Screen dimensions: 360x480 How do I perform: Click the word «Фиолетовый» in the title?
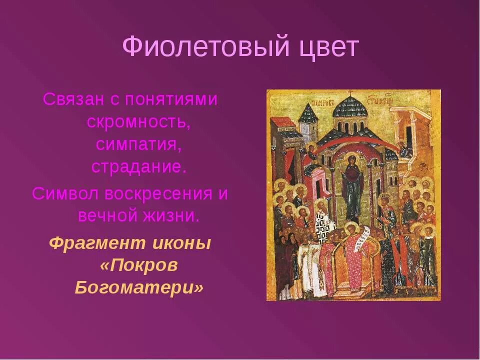point(205,47)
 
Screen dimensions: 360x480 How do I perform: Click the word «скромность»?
point(138,121)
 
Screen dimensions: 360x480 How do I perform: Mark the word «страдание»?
point(138,166)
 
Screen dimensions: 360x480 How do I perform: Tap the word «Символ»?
point(64,193)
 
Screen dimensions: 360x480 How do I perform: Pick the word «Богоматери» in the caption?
point(139,288)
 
